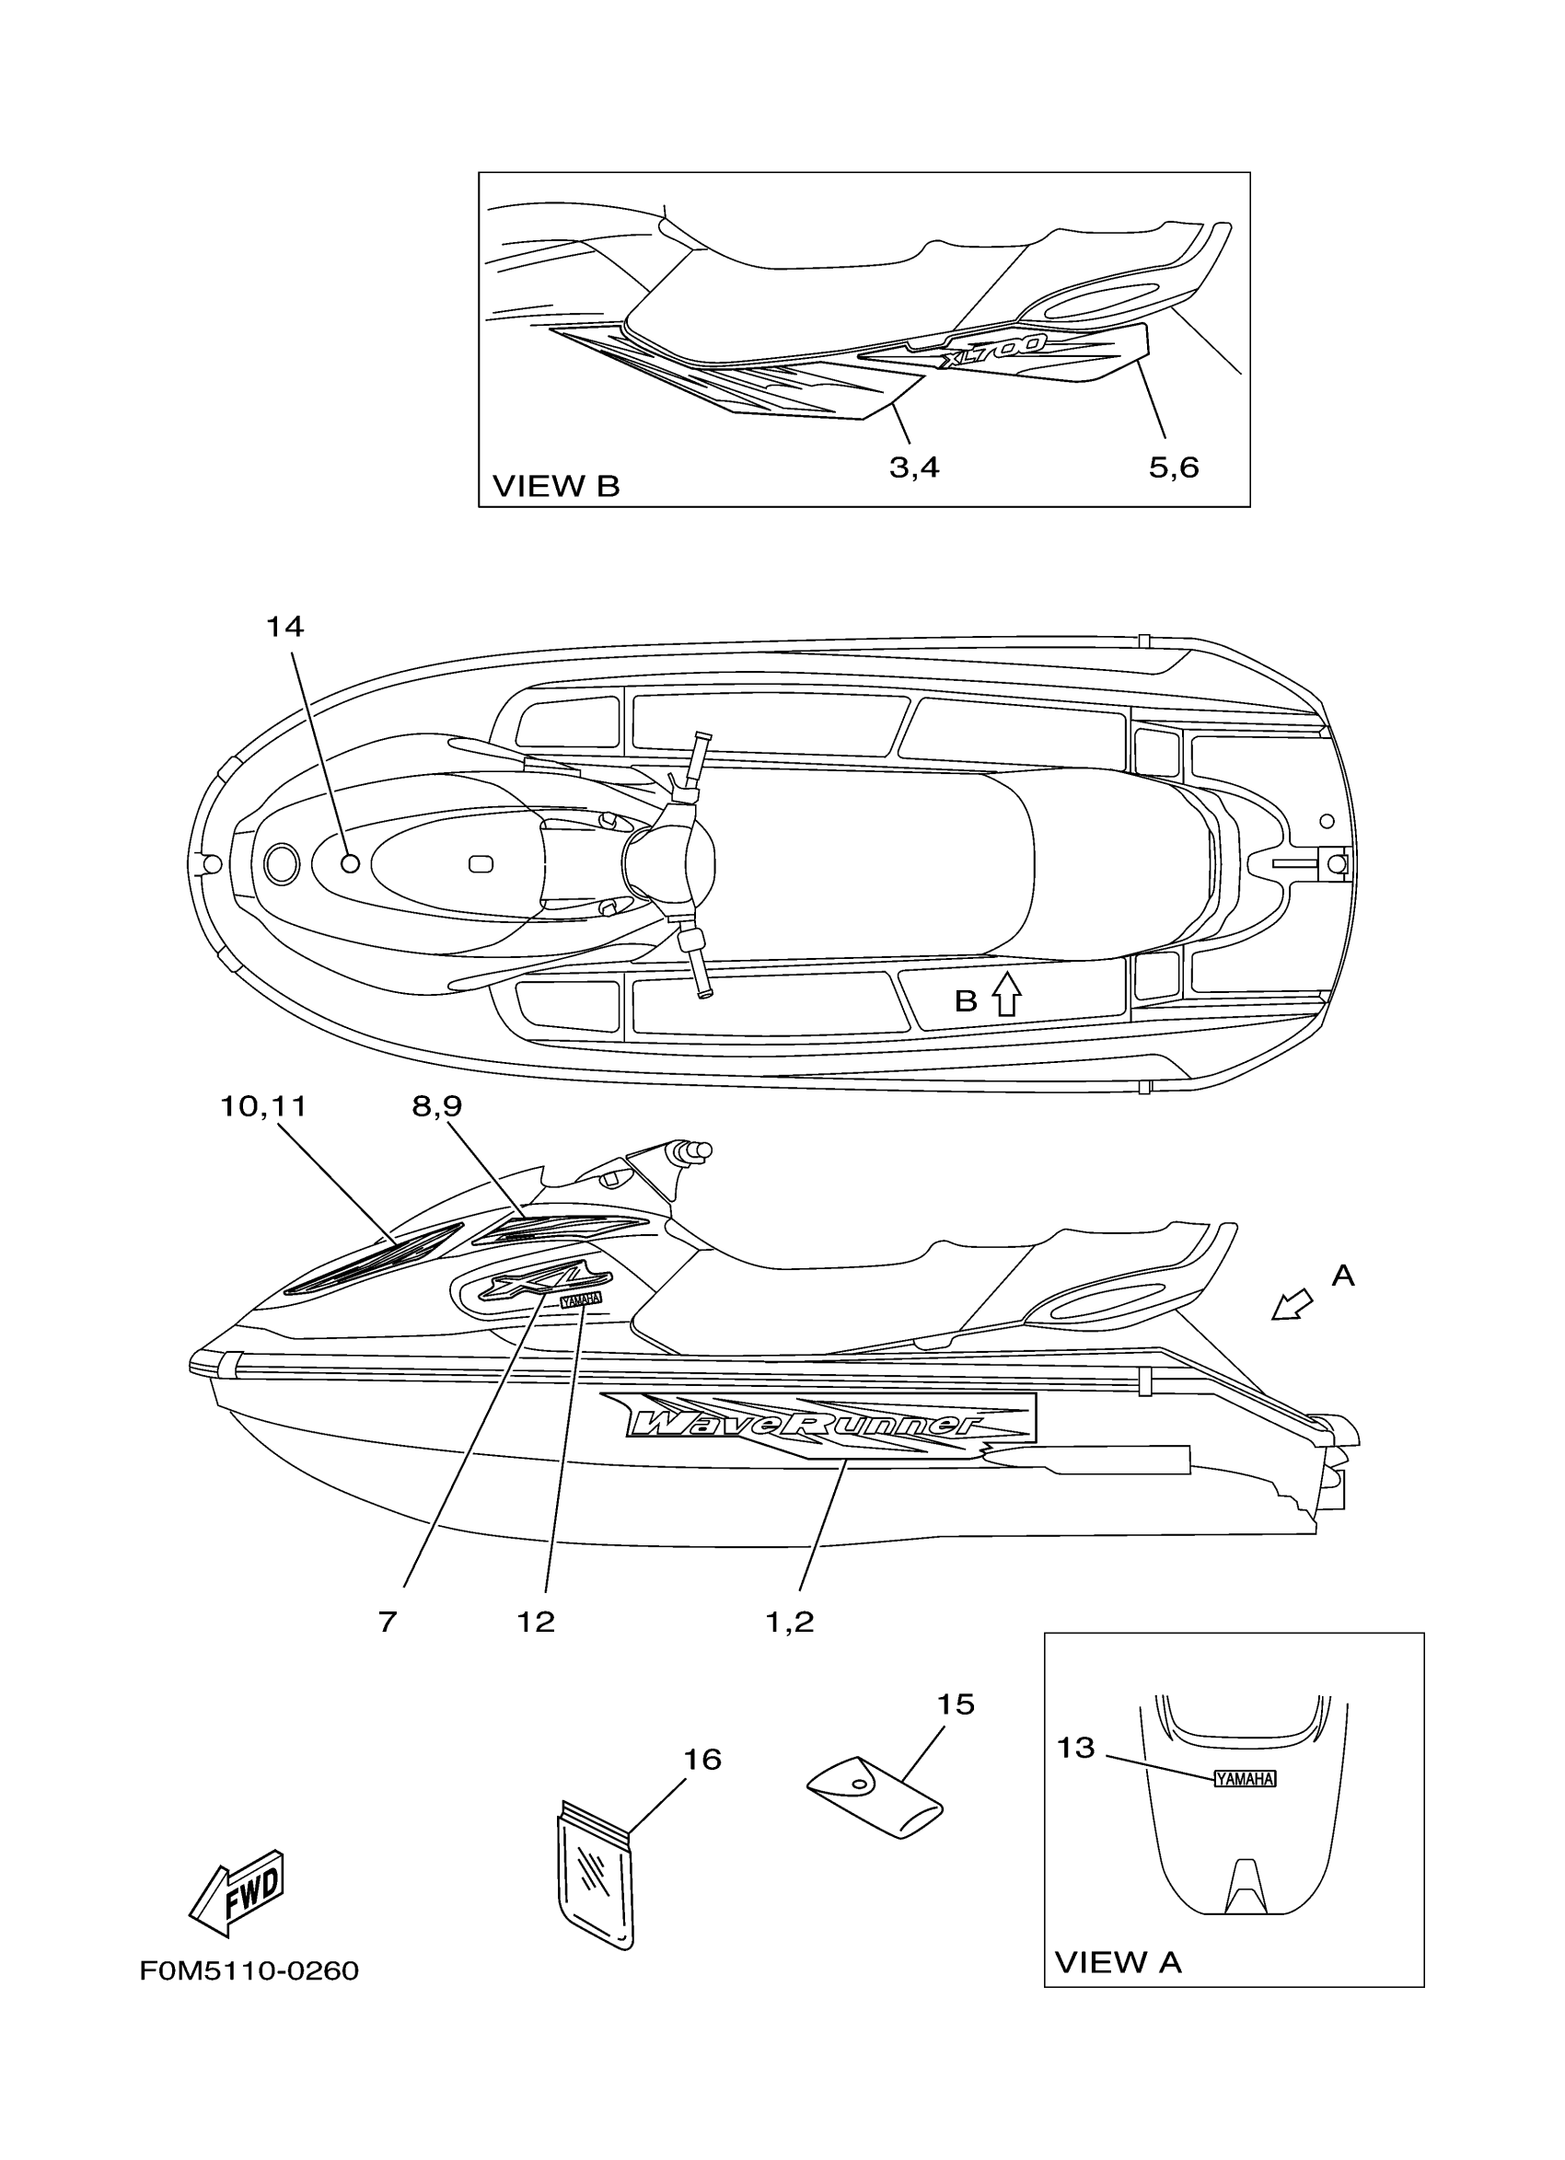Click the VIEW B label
coord(555,487)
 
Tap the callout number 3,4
coord(914,468)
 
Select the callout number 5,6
coord(1174,468)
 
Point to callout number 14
coord(284,627)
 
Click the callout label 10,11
coord(263,1105)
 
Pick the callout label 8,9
coord(437,1105)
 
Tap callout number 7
coord(387,1622)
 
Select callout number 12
coord(535,1622)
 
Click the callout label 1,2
coord(790,1622)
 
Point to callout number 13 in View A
coord(1075,1748)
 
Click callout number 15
coord(956,1704)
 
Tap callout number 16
coord(702,1759)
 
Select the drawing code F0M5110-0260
coord(249,1970)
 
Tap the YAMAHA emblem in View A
coord(1244,1778)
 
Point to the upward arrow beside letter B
coord(1006,996)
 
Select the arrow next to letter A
coord(1292,1306)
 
